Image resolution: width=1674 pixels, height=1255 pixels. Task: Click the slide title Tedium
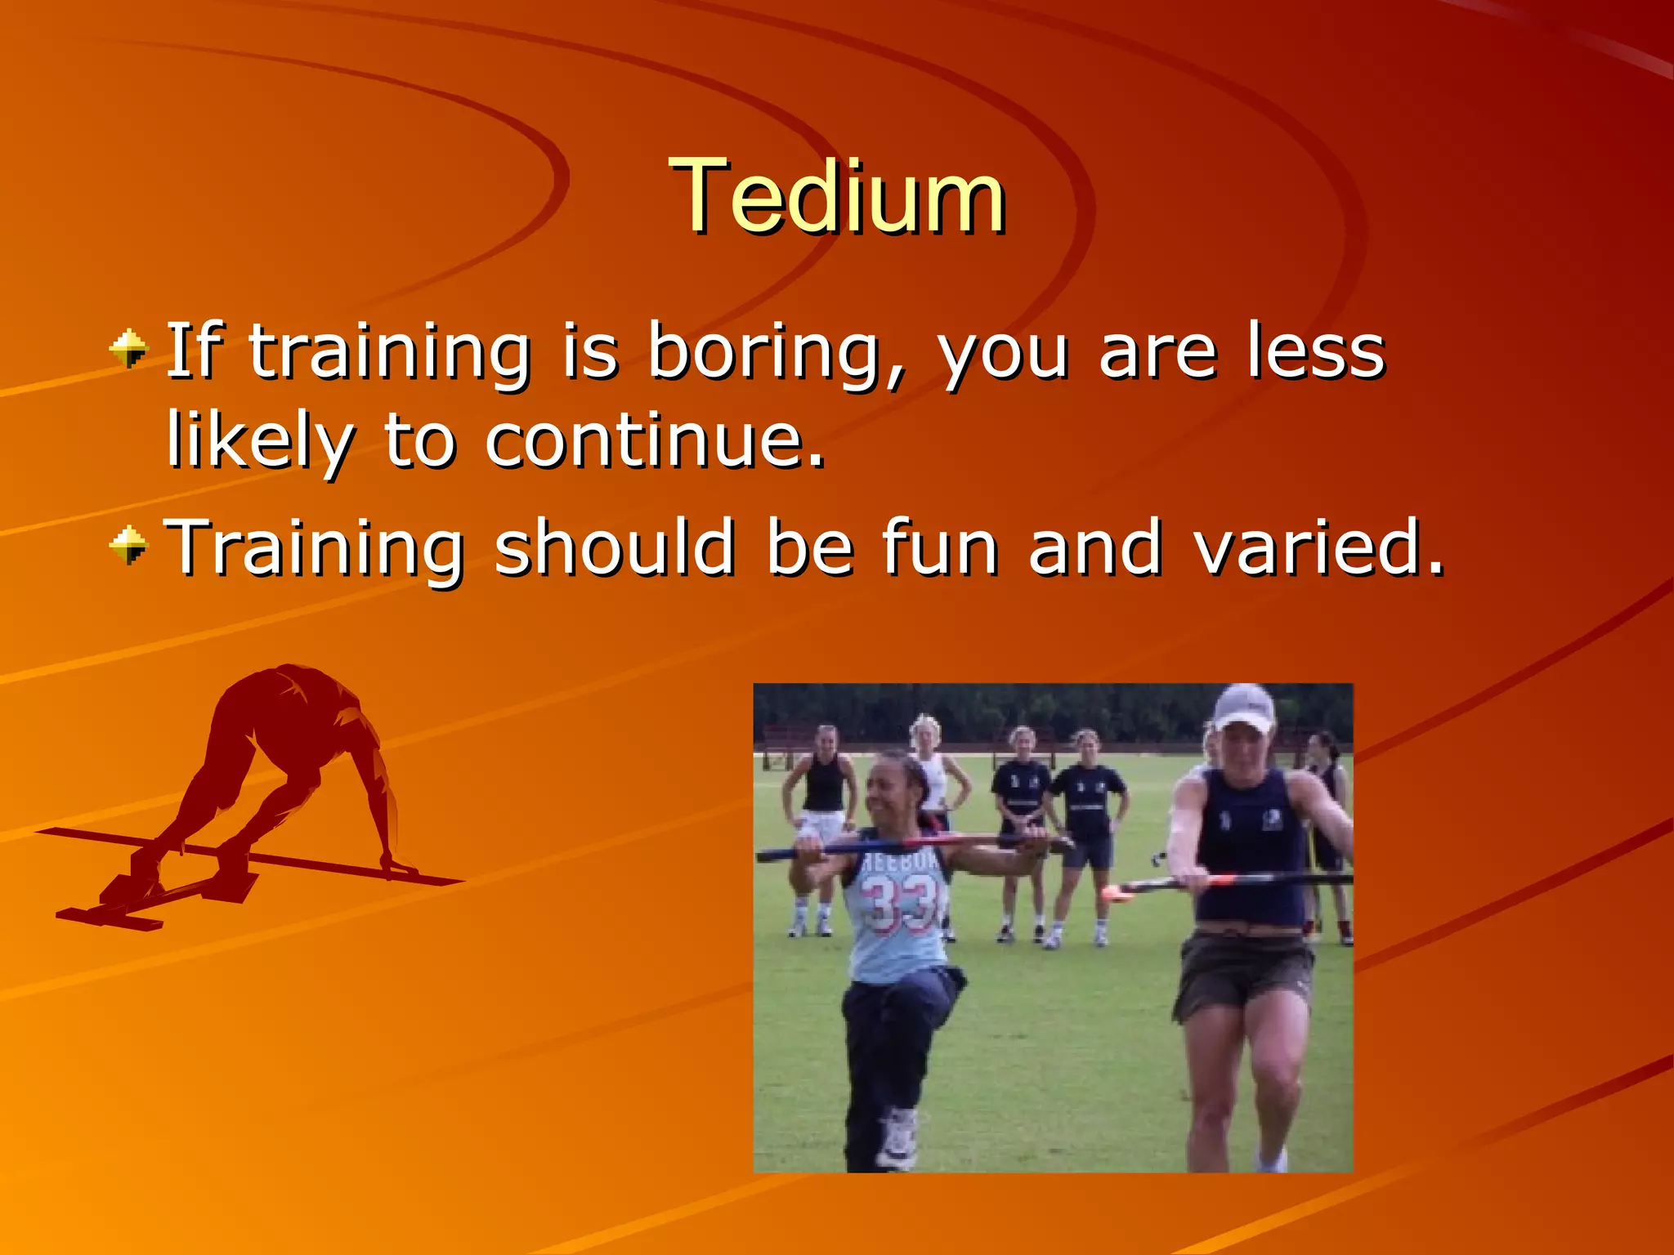[837, 198]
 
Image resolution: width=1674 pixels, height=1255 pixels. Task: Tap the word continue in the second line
[654, 441]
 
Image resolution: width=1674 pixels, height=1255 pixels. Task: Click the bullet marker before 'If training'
[129, 350]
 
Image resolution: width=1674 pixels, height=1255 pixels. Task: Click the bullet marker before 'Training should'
[129, 546]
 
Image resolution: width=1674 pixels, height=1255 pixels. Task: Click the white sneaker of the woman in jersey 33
[897, 1140]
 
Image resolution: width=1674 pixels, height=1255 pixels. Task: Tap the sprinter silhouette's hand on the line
[399, 866]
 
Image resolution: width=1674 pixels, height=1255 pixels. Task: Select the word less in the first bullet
[1316, 353]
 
